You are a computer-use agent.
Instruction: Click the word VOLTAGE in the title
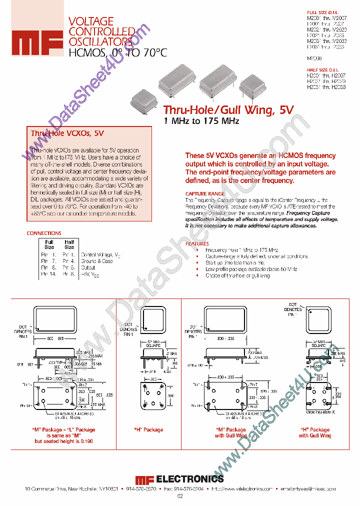pos(90,21)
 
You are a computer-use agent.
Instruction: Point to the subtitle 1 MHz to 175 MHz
pos(201,121)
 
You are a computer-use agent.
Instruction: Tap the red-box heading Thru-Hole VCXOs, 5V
pos(67,133)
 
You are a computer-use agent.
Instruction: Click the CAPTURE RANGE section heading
pos(205,193)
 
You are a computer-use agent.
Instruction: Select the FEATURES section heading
pos(197,243)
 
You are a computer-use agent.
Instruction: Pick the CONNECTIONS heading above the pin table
pos(43,233)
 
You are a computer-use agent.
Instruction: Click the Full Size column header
pos(49,244)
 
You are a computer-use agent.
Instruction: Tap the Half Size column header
pos(69,244)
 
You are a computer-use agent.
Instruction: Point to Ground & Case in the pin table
pos(97,261)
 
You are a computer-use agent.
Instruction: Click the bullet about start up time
pos(235,262)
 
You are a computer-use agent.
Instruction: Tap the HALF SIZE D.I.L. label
pos(321,69)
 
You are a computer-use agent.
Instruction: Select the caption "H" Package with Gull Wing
pos(315,433)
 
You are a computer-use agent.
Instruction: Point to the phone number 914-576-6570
pos(141,489)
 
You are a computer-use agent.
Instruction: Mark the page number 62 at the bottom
pos(180,496)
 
